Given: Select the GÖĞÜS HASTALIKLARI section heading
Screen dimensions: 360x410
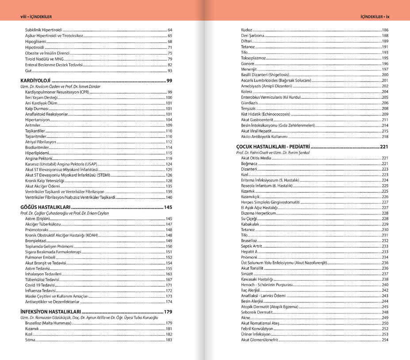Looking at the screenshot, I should (46, 207).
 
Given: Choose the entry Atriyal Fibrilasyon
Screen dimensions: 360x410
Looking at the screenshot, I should (41, 142).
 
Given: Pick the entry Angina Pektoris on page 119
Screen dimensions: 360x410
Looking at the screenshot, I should (38, 159).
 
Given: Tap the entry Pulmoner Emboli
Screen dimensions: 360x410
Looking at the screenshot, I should (39, 257).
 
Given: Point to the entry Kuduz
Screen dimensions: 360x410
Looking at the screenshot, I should (246, 30).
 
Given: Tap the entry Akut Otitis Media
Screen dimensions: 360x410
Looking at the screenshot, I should (256, 158).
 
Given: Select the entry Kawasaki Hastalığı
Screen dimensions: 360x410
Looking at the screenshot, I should (257, 279).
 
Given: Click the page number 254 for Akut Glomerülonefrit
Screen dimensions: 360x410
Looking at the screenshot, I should (385, 340).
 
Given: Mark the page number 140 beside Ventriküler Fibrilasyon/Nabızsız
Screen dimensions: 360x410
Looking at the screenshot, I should (169, 197).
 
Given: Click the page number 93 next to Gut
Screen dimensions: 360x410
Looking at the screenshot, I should (170, 71).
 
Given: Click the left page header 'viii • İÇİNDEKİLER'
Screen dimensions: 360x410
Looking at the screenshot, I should (36, 17).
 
